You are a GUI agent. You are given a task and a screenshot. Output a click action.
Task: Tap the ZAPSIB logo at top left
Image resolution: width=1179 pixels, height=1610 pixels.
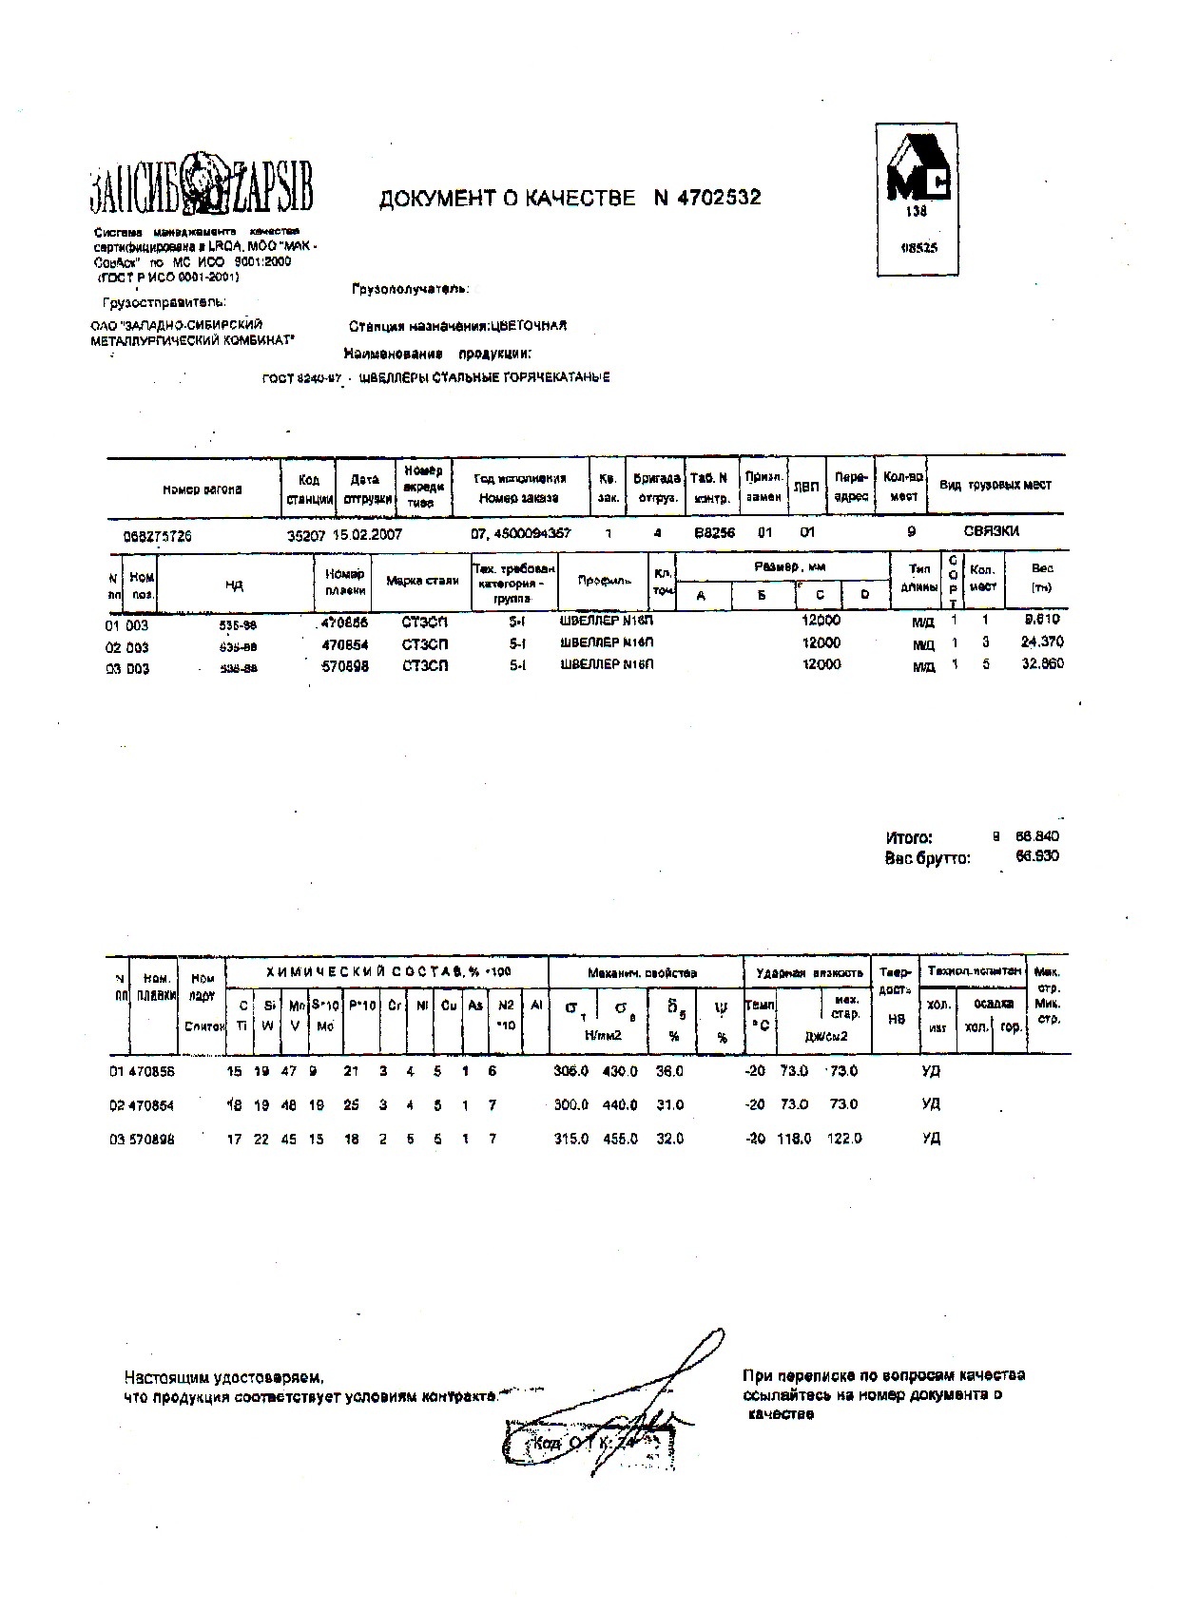tap(202, 185)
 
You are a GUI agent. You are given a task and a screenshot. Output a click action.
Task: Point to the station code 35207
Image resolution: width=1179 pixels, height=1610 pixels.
tap(306, 534)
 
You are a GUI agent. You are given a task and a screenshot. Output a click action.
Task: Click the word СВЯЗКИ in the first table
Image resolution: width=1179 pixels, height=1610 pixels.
tap(991, 531)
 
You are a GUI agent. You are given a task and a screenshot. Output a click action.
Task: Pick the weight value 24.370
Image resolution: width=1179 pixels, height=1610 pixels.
tap(1041, 642)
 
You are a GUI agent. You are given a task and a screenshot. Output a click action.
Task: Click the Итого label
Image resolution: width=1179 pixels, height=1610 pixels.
tap(909, 837)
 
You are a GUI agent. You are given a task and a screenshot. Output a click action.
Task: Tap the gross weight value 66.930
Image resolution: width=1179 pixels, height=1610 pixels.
tap(1037, 856)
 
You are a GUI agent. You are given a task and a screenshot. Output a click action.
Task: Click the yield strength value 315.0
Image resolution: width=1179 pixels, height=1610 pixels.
tap(571, 1139)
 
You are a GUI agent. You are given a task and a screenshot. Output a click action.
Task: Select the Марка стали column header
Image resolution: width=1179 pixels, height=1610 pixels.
tap(422, 580)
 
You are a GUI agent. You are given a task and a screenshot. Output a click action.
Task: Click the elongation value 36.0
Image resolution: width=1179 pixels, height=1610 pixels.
tap(669, 1071)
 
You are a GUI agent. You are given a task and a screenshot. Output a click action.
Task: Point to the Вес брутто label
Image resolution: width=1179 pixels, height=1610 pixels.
tap(927, 858)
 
